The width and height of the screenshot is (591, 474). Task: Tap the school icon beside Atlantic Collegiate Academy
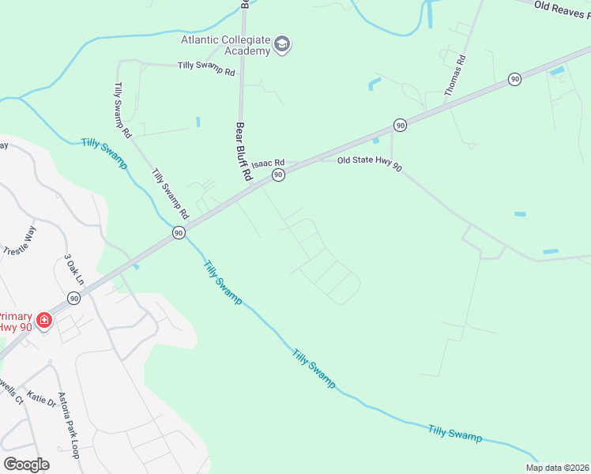[282, 45]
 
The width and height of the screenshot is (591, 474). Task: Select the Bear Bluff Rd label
[243, 152]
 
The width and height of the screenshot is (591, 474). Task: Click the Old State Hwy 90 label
[369, 160]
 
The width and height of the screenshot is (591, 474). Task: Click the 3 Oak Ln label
[74, 269]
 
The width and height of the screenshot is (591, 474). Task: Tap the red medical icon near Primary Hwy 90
[44, 320]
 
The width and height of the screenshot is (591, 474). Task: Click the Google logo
[26, 464]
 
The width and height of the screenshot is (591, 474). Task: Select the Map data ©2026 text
[557, 468]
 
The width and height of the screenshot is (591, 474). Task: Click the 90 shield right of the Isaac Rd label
[278, 174]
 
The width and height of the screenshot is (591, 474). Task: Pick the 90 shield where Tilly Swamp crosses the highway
[179, 232]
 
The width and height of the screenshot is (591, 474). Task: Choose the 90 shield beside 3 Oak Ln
[73, 298]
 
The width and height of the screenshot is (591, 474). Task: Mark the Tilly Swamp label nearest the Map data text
[454, 433]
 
